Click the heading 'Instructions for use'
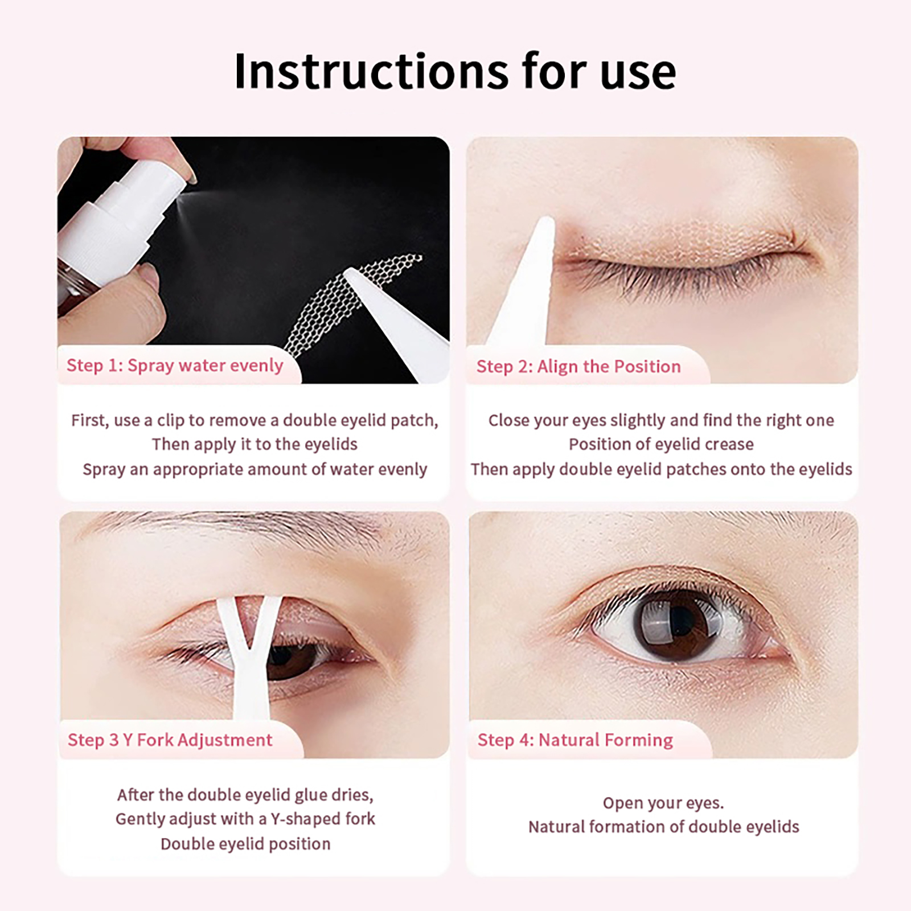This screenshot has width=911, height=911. pyautogui.click(x=455, y=71)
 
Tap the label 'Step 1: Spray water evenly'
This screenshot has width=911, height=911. pyautogui.click(x=175, y=366)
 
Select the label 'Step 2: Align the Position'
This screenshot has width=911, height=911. pyautogui.click(x=578, y=367)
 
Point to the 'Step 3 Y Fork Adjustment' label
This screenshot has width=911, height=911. pyautogui.click(x=170, y=740)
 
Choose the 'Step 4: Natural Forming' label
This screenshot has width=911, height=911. pyautogui.click(x=575, y=740)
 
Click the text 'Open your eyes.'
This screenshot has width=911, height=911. pyautogui.click(x=663, y=803)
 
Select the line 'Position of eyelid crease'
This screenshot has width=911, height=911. pyautogui.click(x=661, y=444)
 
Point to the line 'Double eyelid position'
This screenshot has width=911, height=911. pyautogui.click(x=245, y=844)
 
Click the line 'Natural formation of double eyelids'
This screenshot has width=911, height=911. pyautogui.click(x=663, y=827)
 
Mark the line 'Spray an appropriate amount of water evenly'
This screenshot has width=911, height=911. pyautogui.click(x=255, y=469)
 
